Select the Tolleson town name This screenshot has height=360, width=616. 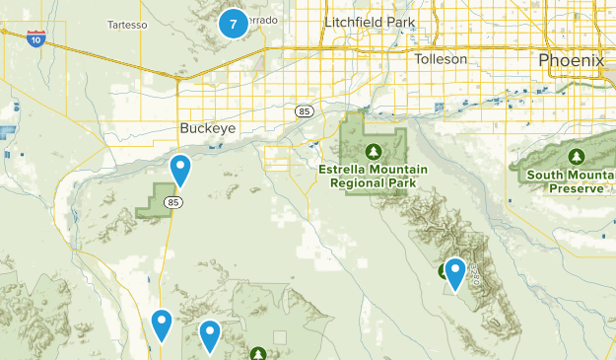(x=441, y=59)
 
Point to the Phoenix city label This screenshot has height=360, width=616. (x=571, y=60)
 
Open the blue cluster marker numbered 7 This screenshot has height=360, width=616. (x=233, y=22)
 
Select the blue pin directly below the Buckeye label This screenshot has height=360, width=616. (x=180, y=171)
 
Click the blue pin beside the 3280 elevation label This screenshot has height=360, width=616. (x=454, y=273)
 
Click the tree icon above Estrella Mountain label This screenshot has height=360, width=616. (x=374, y=151)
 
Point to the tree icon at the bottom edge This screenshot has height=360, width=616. (x=258, y=353)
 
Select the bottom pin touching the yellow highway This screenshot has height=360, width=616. (x=162, y=324)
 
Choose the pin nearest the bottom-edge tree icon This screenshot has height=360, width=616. (x=210, y=335)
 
